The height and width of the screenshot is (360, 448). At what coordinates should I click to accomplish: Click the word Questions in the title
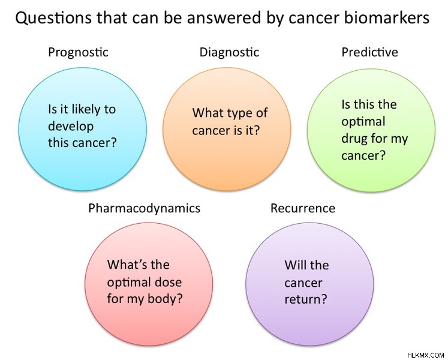click(54, 18)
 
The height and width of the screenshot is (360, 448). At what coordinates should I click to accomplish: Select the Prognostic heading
click(79, 53)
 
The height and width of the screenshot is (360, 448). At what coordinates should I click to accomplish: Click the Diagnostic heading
click(229, 52)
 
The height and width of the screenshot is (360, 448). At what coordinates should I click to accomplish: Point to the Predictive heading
click(369, 52)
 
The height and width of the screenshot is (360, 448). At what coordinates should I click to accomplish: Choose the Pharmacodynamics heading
click(145, 208)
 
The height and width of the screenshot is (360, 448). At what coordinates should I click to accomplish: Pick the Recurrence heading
click(303, 208)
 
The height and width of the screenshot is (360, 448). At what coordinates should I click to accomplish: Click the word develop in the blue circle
click(71, 127)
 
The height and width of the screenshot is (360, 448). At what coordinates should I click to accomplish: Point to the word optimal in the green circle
click(363, 122)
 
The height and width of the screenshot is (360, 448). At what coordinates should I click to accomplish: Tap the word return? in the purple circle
click(306, 299)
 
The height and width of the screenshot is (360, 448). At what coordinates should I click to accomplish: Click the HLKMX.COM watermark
click(426, 355)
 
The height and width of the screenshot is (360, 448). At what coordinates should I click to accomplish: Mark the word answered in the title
click(224, 17)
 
